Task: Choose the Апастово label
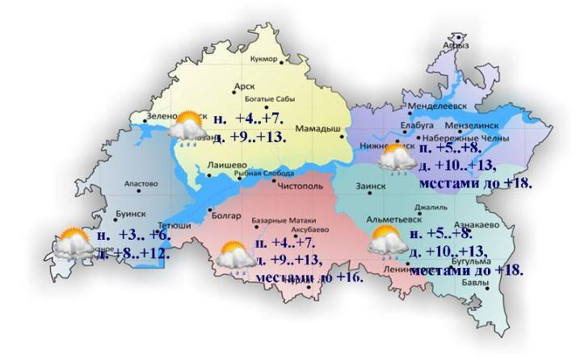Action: (x=141, y=184)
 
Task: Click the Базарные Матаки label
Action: (x=287, y=220)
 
